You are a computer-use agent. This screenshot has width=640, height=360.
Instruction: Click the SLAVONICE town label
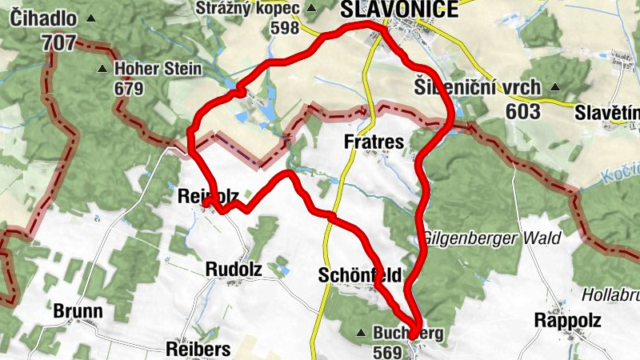click(399, 10)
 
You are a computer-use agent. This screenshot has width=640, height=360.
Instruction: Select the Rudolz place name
click(234, 269)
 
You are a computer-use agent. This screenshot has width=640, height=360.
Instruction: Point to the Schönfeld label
click(359, 275)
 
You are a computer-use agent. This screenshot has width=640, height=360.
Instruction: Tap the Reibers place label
click(198, 349)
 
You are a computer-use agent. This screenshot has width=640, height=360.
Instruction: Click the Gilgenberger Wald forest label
click(491, 238)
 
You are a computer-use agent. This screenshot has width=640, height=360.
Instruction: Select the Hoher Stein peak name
click(158, 69)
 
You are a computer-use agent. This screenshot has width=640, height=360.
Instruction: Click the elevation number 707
click(61, 42)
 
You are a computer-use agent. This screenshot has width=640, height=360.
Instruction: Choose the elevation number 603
click(523, 112)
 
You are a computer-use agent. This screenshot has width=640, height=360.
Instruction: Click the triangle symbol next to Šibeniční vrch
click(554, 87)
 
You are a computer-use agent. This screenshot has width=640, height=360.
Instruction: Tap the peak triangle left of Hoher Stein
click(102, 69)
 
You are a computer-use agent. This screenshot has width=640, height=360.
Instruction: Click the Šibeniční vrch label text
click(478, 87)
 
